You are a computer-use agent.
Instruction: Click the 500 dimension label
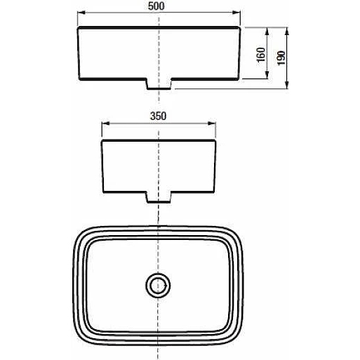(156, 6)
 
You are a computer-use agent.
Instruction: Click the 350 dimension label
(159, 116)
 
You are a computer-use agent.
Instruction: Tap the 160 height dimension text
(261, 55)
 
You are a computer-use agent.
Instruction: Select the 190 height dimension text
(281, 58)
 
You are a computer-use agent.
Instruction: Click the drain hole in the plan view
(158, 285)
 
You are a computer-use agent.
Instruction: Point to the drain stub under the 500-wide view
(160, 84)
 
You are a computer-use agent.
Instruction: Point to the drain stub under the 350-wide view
(159, 197)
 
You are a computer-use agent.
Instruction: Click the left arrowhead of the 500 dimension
(81, 13)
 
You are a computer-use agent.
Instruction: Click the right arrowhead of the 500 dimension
(236, 13)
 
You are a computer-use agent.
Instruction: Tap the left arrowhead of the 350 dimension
(105, 124)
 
